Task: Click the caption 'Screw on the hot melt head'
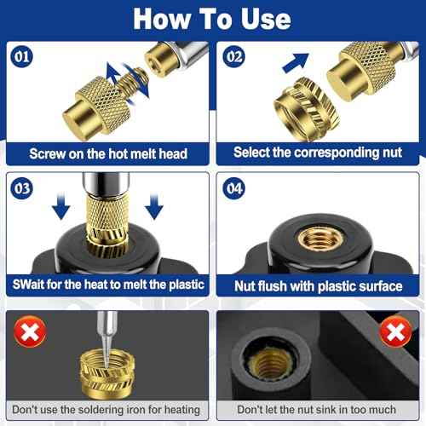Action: point(108,153)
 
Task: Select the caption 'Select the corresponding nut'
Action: point(317,153)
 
